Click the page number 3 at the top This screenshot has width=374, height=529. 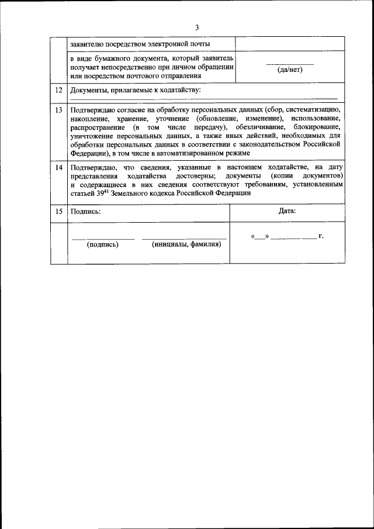[197, 27]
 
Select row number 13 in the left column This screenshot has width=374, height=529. [58, 110]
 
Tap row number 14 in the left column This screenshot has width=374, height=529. [58, 168]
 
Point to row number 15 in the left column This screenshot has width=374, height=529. [58, 212]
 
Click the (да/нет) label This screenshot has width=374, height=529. [290, 70]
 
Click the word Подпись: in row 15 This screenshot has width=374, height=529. [85, 212]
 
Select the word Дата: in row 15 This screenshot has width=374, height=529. [287, 211]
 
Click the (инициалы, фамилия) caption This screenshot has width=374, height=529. [185, 245]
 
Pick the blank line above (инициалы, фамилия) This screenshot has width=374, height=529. [185, 238]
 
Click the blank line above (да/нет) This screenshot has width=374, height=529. [290, 64]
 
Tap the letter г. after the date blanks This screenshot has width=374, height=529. [321, 236]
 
